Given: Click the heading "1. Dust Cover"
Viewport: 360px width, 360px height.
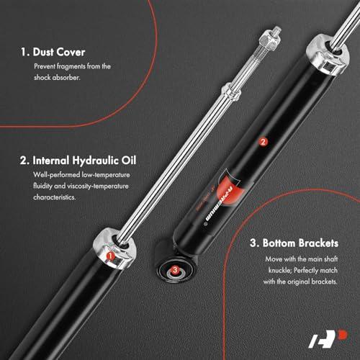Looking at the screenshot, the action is pos(53,52).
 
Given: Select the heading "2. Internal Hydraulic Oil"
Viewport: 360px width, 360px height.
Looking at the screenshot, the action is pos(78,161).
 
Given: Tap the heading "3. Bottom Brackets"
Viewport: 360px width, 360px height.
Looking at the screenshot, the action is pos(294,243).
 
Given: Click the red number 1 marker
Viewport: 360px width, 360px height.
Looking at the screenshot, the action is pos(110,256).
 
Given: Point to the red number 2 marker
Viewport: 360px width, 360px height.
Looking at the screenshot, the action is pos(263,142).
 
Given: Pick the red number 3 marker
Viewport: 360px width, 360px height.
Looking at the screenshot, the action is pos(175,270).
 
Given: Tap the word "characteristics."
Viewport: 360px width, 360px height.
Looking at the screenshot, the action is pos(55,197).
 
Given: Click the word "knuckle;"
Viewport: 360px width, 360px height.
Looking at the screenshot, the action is pos(280,270).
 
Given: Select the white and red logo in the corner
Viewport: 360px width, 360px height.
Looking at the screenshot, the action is pos(328,339).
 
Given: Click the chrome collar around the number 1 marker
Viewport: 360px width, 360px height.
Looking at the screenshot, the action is pos(115,248).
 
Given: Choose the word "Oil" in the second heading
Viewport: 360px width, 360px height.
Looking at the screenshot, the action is pos(129,161).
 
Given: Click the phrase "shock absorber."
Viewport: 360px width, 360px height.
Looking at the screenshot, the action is pos(57,78).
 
